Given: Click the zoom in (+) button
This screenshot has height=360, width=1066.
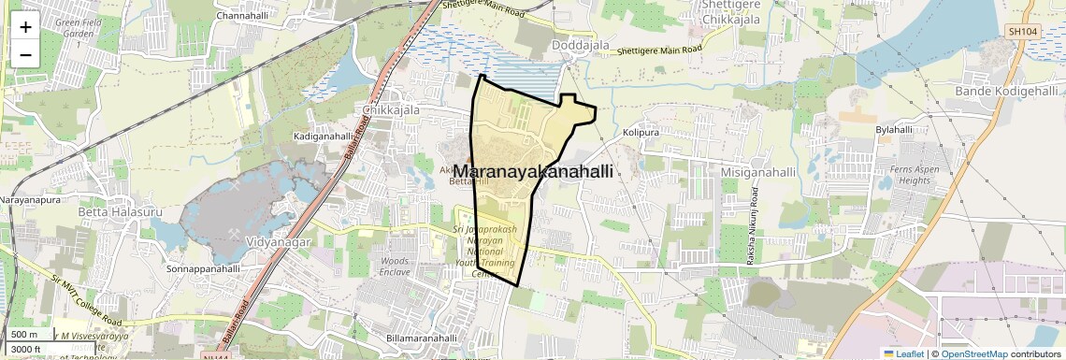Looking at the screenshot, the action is click(x=25, y=27).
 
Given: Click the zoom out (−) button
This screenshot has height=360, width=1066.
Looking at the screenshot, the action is click(x=25, y=54).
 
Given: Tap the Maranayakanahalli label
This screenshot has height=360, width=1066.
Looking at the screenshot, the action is click(x=533, y=172).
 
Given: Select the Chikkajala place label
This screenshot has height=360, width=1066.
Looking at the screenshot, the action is click(x=390, y=109).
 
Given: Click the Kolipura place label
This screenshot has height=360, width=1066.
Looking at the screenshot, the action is click(x=641, y=133).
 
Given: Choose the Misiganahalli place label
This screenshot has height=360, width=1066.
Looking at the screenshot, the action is click(x=758, y=173).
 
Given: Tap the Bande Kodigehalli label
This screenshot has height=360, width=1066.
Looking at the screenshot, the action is click(x=1006, y=91).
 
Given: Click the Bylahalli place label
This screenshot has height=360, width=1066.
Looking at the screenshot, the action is click(x=893, y=130).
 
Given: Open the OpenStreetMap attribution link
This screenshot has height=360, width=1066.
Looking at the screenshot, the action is click(x=973, y=353).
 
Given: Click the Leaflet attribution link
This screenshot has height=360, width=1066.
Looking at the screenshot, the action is click(x=903, y=353).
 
